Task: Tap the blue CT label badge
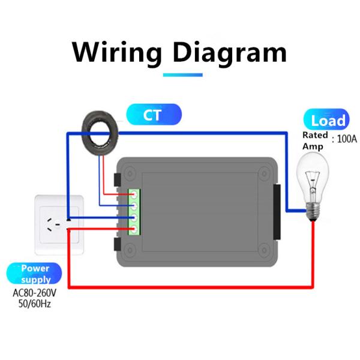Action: (x=153, y=115)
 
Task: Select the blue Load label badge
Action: (x=327, y=120)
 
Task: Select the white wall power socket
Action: (x=57, y=222)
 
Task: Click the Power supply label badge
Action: (x=35, y=274)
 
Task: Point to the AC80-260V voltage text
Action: (x=36, y=294)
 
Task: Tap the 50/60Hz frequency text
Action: (x=36, y=305)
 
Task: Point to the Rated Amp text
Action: (x=315, y=140)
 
